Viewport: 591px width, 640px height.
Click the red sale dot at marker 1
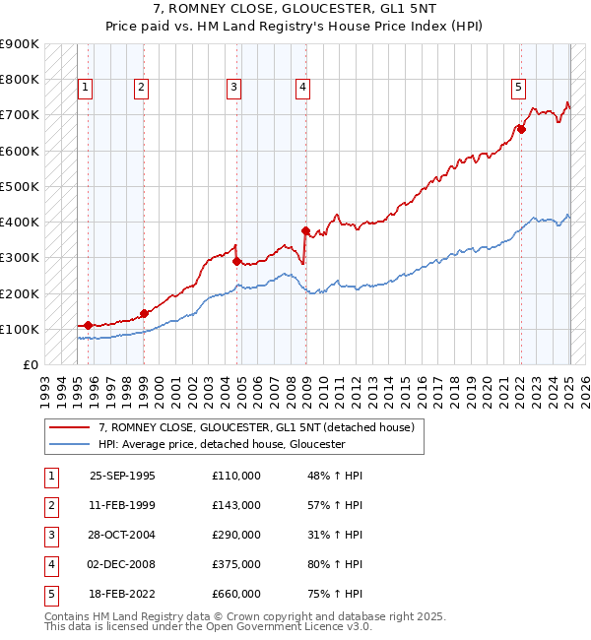[x=89, y=325]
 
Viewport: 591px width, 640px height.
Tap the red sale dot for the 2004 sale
[x=236, y=261]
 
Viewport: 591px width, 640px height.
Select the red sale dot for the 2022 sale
[x=522, y=129]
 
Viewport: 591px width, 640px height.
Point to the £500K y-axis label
[x=20, y=186]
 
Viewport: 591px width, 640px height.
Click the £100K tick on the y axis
[x=20, y=329]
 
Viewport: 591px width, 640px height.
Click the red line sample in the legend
[x=69, y=427]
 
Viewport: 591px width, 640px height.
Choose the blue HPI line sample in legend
[x=69, y=444]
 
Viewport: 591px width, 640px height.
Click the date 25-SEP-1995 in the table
[x=122, y=476]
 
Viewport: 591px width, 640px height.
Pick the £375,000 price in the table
[x=236, y=564]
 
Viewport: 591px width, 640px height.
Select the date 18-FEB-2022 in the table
[x=122, y=594]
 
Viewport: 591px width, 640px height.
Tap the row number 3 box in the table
[x=50, y=535]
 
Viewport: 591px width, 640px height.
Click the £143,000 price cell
[x=236, y=505]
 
